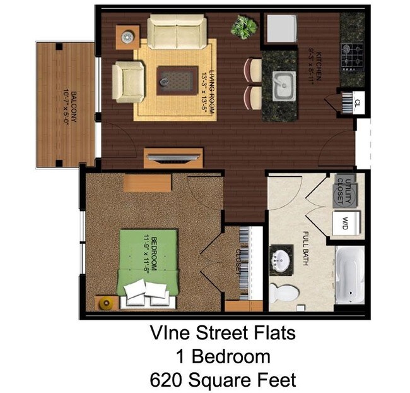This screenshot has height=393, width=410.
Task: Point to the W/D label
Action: point(346,222)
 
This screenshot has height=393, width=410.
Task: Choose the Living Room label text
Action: point(209,92)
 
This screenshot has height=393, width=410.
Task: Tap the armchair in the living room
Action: point(129,82)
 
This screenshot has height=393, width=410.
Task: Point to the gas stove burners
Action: point(352,56)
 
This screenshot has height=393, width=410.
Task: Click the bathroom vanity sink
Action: point(279,260)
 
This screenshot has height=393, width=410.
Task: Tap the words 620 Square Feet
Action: point(222,380)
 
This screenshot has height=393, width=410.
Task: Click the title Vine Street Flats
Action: point(222,332)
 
